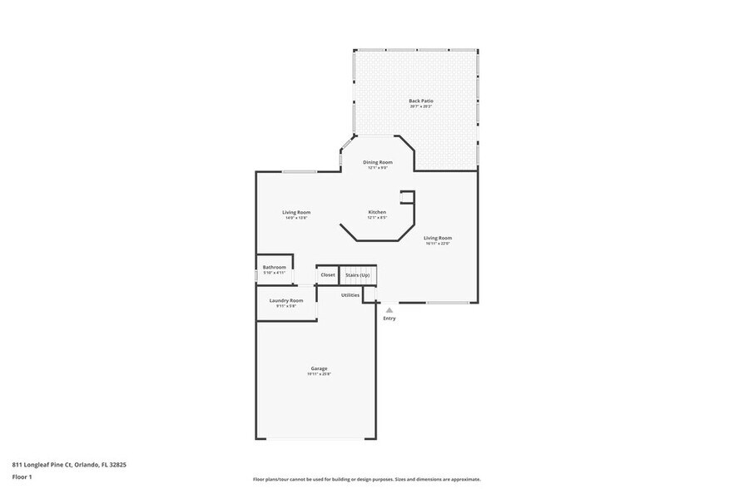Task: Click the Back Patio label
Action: click(x=421, y=101)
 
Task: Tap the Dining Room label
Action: click(x=378, y=162)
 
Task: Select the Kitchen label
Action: click(x=377, y=212)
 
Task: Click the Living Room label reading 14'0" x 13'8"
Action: click(x=296, y=212)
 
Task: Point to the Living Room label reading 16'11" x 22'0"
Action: click(x=437, y=238)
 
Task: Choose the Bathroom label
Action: click(x=275, y=267)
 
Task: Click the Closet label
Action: click(x=328, y=274)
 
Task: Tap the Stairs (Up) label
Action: click(x=358, y=274)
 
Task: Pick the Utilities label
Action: click(x=350, y=294)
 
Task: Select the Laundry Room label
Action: click(x=285, y=300)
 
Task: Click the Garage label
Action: click(x=320, y=368)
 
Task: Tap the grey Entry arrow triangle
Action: click(x=389, y=310)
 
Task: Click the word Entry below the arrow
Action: click(x=389, y=319)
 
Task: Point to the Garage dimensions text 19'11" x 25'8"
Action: click(x=320, y=374)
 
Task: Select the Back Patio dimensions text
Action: click(x=421, y=106)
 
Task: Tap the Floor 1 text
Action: click(x=22, y=477)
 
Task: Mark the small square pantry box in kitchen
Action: click(x=407, y=196)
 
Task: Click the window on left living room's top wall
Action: click(x=298, y=171)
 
